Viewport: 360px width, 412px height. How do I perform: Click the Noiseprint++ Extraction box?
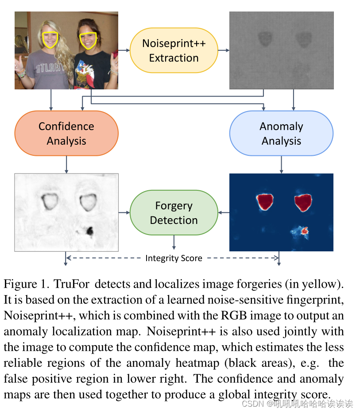tap(174, 50)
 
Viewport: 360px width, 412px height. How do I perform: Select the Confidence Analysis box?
tap(66, 133)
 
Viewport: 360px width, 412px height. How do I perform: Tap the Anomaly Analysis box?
tap(281, 133)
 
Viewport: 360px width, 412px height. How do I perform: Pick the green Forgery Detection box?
tap(174, 213)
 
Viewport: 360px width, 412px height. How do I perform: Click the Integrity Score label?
tap(174, 258)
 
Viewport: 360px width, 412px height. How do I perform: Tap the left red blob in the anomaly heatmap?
tap(265, 201)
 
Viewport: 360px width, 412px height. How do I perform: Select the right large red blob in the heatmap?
tap(303, 202)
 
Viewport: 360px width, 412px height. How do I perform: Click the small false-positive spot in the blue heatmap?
tap(304, 230)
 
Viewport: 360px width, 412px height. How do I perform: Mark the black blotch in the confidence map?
tap(90, 230)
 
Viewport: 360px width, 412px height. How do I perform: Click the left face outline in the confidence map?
tap(49, 201)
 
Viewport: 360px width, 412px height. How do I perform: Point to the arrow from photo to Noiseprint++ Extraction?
tap(124, 50)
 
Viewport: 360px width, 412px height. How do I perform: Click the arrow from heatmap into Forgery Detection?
tap(224, 213)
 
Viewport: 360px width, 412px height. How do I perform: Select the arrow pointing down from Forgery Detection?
tap(174, 242)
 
